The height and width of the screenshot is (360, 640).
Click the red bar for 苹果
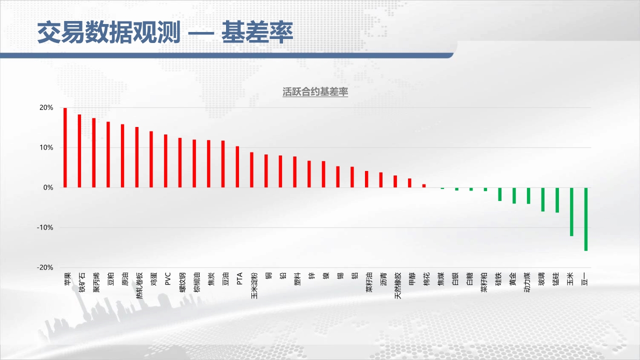click(x=65, y=147)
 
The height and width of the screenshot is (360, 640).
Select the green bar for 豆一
click(x=586, y=219)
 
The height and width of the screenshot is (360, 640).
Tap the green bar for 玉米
click(x=571, y=211)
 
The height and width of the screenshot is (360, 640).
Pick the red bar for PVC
click(x=165, y=161)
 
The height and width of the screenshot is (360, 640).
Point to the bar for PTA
click(x=237, y=167)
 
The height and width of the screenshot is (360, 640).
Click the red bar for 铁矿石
click(x=79, y=151)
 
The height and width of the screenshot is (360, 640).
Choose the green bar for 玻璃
click(x=543, y=199)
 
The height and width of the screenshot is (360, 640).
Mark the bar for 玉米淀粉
click(x=251, y=169)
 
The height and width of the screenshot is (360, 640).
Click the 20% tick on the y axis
click(x=46, y=107)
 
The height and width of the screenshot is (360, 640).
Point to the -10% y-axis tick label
click(x=45, y=227)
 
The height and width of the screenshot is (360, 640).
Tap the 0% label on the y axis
click(x=48, y=187)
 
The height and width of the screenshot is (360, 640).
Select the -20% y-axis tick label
click(x=45, y=267)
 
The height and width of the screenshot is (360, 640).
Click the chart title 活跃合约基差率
click(x=315, y=91)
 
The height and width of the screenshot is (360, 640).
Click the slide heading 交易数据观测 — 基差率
click(x=165, y=32)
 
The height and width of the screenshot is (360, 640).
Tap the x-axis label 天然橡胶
click(x=397, y=285)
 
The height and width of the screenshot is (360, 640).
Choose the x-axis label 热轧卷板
click(x=139, y=285)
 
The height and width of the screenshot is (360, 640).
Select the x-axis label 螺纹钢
click(x=182, y=282)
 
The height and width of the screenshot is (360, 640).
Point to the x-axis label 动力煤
click(x=527, y=282)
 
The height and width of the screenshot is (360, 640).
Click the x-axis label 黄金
click(x=512, y=279)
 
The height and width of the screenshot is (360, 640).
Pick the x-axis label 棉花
click(x=426, y=279)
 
